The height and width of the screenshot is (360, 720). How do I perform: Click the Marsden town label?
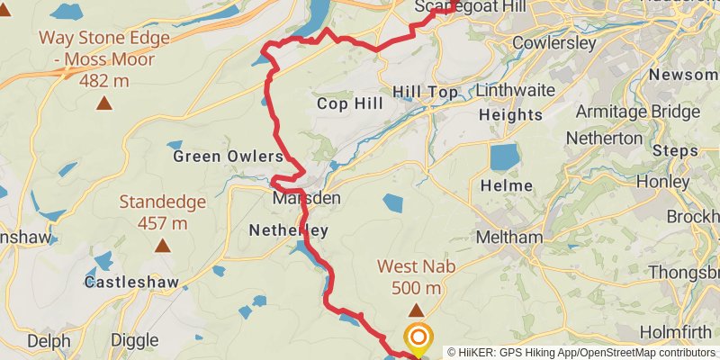307,198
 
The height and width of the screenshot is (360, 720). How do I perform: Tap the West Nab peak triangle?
416,310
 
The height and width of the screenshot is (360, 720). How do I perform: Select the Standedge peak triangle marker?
162,246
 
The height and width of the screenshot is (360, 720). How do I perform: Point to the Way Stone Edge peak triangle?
105,103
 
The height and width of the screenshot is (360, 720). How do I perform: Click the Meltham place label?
510,238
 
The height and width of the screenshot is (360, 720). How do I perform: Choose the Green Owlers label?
228,157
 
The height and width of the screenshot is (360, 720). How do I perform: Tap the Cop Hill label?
350,104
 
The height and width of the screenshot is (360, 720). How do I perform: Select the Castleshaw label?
122,282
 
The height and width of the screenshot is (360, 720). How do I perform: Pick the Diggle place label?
134,341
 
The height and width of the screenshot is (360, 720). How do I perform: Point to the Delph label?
49,341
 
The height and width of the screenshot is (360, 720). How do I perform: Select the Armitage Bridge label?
637,112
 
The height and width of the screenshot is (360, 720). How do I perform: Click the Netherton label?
604,139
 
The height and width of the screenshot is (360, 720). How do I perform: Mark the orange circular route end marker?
418,338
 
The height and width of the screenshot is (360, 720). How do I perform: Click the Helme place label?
501,185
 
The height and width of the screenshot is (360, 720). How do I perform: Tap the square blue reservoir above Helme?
504,157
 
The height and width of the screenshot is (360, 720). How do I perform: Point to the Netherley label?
289,230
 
